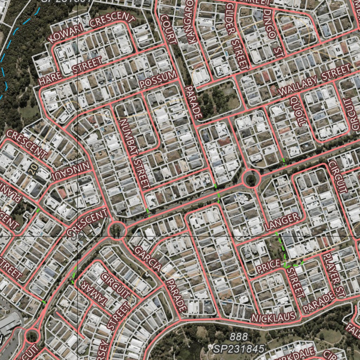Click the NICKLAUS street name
[x=274, y=317]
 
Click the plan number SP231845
[x=239, y=348]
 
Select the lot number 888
[x=239, y=337]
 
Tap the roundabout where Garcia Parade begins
[x=117, y=231]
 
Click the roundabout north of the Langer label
[x=251, y=179]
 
